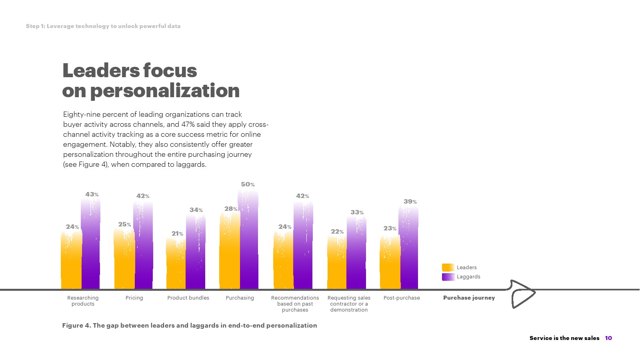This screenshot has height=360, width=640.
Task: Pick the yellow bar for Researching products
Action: click(71, 260)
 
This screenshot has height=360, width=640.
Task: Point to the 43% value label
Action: click(92, 194)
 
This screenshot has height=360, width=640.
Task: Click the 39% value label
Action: click(410, 202)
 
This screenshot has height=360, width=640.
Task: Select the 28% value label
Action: click(231, 209)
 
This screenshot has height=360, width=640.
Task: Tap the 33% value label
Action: click(357, 212)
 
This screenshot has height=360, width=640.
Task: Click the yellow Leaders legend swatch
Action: click(448, 268)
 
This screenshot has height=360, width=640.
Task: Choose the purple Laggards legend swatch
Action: click(448, 277)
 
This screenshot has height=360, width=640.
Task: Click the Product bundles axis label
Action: click(188, 298)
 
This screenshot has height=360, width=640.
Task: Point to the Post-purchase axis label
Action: click(402, 298)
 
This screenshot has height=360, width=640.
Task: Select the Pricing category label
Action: click(134, 298)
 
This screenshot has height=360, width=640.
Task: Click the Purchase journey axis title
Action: click(469, 298)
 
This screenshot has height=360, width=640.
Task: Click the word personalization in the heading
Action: click(165, 91)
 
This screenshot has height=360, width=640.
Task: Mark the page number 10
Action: click(608, 338)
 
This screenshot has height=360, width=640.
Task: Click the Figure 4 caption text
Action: click(189, 326)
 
